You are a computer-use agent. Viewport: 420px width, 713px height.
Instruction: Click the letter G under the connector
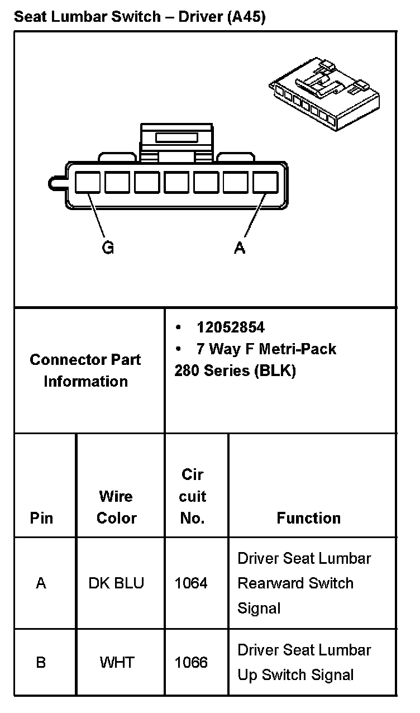tap(108, 248)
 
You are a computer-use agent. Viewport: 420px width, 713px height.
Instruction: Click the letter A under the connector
tap(240, 248)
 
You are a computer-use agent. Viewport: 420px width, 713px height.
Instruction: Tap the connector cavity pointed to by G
tap(88, 183)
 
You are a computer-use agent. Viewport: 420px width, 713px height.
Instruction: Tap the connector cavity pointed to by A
tap(265, 183)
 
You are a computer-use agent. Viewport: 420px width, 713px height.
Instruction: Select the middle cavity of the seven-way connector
tap(176, 183)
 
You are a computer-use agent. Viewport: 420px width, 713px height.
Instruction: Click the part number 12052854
tap(230, 327)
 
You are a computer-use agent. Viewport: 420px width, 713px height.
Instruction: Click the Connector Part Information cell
tap(85, 370)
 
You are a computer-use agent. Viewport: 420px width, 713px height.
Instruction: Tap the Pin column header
tap(41, 518)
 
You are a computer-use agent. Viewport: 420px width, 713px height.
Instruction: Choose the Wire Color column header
tap(116, 507)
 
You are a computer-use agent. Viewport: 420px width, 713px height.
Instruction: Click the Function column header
tap(308, 518)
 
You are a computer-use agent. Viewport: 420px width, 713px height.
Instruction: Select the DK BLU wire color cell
tap(116, 583)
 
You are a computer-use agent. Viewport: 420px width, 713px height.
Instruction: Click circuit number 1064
tap(191, 583)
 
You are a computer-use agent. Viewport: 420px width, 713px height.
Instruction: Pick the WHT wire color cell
tap(117, 663)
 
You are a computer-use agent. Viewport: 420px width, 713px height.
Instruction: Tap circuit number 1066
tap(191, 663)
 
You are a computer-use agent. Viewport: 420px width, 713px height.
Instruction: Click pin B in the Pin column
tap(41, 663)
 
